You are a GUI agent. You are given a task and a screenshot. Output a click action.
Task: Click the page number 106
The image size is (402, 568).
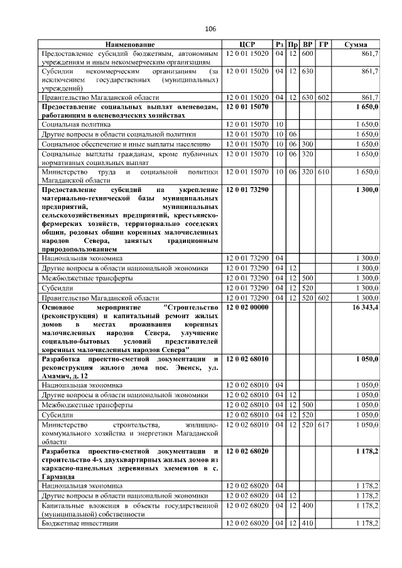pyautogui.click(x=210, y=29)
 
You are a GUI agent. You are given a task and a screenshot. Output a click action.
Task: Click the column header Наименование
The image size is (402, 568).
pyautogui.click(x=130, y=45)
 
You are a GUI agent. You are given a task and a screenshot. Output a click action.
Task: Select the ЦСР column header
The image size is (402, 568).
pyautogui.click(x=247, y=45)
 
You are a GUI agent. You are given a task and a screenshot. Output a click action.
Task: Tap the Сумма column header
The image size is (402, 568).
pyautogui.click(x=356, y=45)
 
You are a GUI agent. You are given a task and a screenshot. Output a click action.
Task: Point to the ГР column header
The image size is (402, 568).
pyautogui.click(x=323, y=45)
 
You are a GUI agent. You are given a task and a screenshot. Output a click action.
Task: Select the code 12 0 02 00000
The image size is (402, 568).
pyautogui.click(x=247, y=308)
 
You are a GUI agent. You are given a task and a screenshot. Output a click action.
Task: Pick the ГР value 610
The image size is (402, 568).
pyautogui.click(x=323, y=171)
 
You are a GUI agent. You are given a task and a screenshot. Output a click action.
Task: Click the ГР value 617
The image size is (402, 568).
pyautogui.click(x=323, y=425)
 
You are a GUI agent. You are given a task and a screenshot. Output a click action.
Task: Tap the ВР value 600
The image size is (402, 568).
pyautogui.click(x=307, y=55)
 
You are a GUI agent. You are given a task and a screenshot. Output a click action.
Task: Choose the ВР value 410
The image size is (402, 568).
pyautogui.click(x=307, y=523)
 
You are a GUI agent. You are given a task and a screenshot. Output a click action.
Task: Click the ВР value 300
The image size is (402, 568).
pyautogui.click(x=307, y=144)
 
